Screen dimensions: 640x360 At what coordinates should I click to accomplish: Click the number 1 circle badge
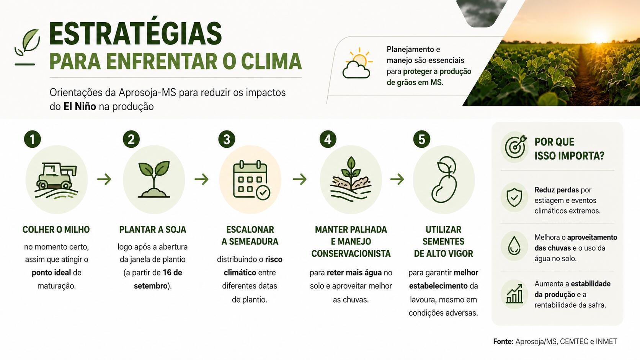pyautogui.click(x=33, y=139)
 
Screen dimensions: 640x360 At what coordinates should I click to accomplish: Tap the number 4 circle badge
pyautogui.click(x=328, y=139)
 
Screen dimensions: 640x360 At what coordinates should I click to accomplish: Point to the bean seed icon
pyautogui.click(x=444, y=179)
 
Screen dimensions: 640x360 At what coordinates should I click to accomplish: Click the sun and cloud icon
pyautogui.click(x=358, y=63)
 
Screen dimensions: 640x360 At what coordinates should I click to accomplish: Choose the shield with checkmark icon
pyautogui.click(x=514, y=197)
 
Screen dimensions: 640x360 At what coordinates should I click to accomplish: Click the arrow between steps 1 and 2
pyautogui.click(x=104, y=179)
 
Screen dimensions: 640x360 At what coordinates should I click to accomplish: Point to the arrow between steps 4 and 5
pyautogui.click(x=397, y=179)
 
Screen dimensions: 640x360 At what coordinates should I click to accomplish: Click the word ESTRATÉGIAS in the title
pyautogui.click(x=136, y=34)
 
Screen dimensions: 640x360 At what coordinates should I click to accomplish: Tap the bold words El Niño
pyautogui.click(x=80, y=106)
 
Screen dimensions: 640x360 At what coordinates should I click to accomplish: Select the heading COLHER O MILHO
pyautogui.click(x=56, y=230)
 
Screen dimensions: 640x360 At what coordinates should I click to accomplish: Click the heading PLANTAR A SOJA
pyautogui.click(x=153, y=230)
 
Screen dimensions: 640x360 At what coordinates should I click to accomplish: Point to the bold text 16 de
pyautogui.click(x=172, y=273)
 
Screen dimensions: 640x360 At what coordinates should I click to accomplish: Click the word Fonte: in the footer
pyautogui.click(x=503, y=341)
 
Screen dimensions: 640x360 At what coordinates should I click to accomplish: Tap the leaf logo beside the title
pyautogui.click(x=27, y=47)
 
